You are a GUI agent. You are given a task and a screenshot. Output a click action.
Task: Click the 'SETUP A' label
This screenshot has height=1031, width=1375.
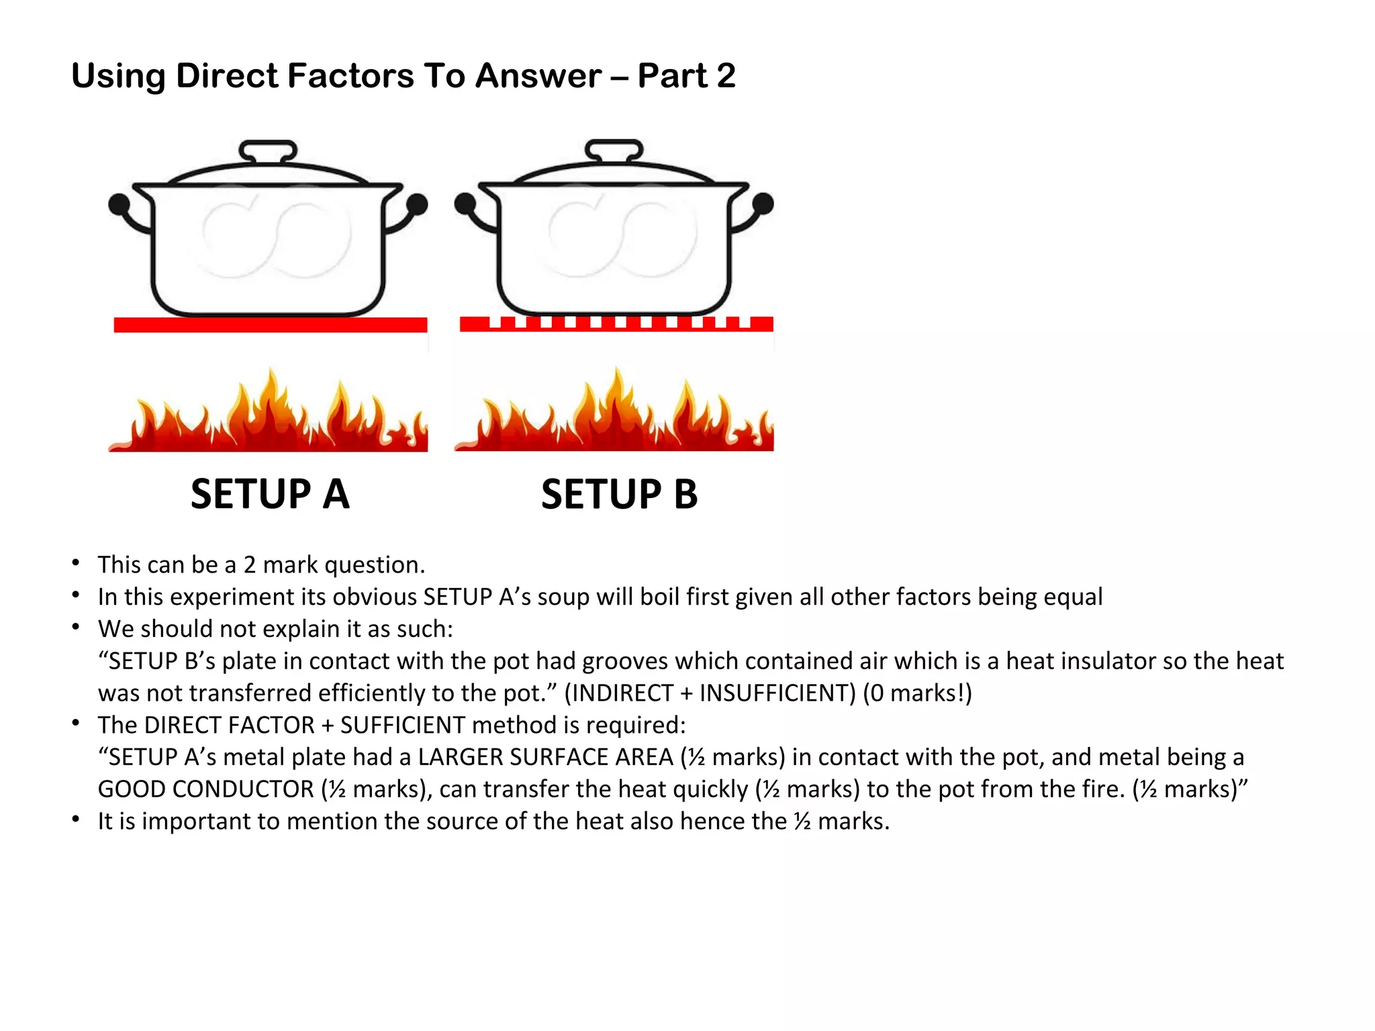coord(270,495)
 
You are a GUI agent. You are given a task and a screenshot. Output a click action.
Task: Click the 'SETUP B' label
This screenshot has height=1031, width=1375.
coord(619,495)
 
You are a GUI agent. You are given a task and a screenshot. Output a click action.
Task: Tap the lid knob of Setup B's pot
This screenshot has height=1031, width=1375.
coord(614,150)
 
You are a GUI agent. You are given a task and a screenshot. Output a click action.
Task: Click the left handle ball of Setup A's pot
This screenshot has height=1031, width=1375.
coord(119,204)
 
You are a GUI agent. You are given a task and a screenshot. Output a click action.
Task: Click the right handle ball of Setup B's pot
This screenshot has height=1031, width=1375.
coord(763,203)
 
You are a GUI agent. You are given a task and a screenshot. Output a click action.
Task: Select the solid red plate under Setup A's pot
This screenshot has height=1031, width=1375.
coord(270,325)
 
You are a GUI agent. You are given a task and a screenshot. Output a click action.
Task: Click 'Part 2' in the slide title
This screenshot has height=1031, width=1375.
coord(686,75)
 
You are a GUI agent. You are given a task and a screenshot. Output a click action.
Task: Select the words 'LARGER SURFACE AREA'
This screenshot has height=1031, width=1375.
coord(545,757)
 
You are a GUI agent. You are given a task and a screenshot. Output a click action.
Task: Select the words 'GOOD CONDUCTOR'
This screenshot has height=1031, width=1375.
coord(205,789)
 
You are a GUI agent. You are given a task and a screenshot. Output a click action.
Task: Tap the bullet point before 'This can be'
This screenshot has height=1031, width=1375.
coord(77,562)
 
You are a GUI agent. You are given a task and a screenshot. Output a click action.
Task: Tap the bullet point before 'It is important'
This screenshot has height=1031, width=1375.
coord(77,820)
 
